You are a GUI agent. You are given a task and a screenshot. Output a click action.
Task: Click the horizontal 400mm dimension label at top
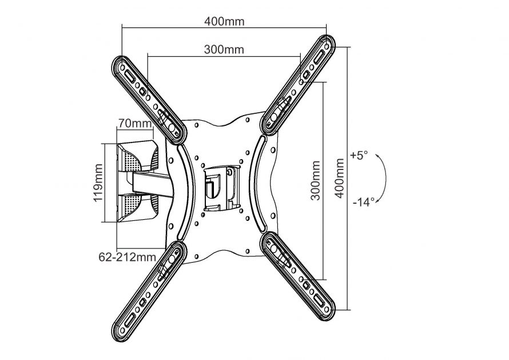coord(224,22)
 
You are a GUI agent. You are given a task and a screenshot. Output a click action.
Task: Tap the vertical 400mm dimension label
coord(340,178)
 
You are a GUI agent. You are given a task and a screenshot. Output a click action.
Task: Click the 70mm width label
coord(135,123)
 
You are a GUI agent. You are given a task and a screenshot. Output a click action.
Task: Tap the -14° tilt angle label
coord(363,201)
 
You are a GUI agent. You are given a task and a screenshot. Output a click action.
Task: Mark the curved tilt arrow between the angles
coord(385,178)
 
